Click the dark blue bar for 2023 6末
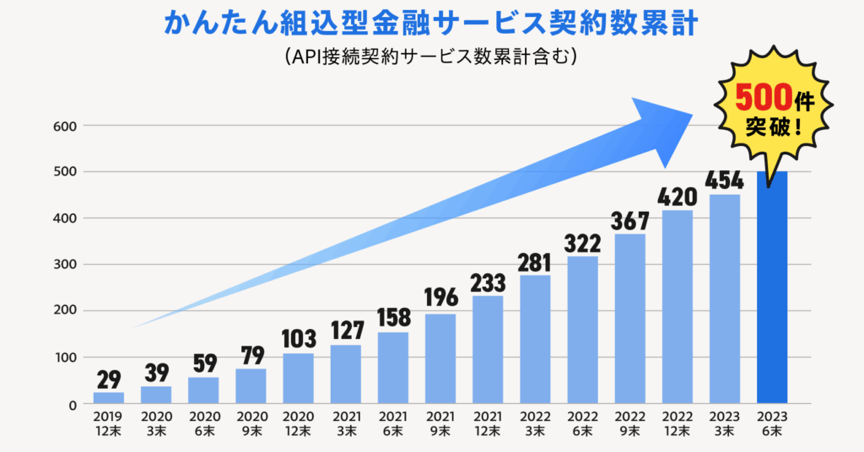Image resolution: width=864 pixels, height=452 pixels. [772, 287]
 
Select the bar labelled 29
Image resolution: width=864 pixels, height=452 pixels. [108, 397]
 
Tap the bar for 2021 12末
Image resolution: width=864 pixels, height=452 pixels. [487, 349]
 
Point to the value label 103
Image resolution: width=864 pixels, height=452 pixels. [298, 339]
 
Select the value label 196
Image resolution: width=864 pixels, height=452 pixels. [440, 298]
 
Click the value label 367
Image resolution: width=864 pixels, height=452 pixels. [630, 220]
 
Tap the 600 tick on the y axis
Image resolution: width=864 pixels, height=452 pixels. [67, 126]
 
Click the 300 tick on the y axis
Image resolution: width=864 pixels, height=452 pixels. [67, 265]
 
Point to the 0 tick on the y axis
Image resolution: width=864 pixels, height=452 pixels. [73, 406]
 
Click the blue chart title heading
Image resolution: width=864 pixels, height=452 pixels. [431, 23]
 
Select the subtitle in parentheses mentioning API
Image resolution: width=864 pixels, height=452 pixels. [431, 56]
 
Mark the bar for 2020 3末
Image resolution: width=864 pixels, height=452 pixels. [155, 395]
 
